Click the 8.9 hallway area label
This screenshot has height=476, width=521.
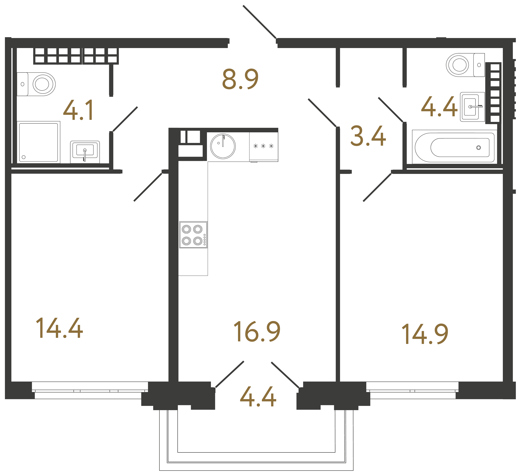[x=240, y=79]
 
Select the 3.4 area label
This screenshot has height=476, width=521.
[x=368, y=136]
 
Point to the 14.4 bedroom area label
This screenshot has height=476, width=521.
[x=59, y=328]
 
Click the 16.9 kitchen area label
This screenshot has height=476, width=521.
[x=257, y=332]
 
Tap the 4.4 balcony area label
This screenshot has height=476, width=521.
[x=258, y=397]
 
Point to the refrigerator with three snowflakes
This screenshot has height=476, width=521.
[x=264, y=147]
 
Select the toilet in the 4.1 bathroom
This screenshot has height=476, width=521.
[x=36, y=84]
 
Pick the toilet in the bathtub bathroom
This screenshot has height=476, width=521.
[x=465, y=65]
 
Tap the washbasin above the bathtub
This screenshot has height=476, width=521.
[x=472, y=107]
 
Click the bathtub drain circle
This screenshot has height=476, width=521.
[x=479, y=148]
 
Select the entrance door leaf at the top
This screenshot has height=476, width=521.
[x=259, y=22]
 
